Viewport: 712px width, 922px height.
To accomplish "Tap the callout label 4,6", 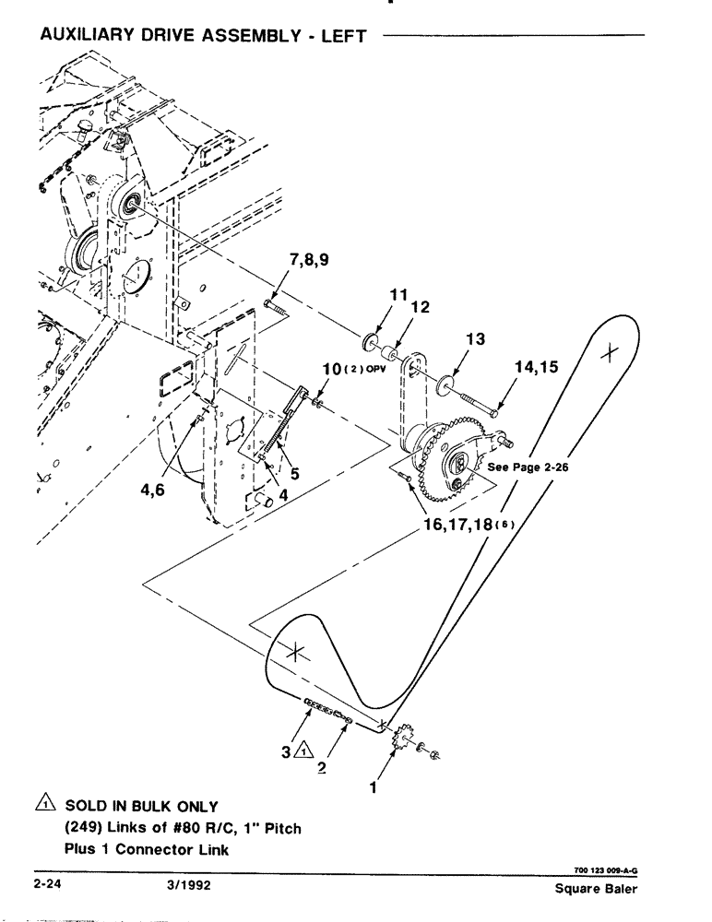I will pos(154,491).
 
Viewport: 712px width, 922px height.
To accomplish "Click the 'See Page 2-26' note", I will pos(527,467).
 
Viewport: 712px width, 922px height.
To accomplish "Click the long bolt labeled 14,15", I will pos(481,401).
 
